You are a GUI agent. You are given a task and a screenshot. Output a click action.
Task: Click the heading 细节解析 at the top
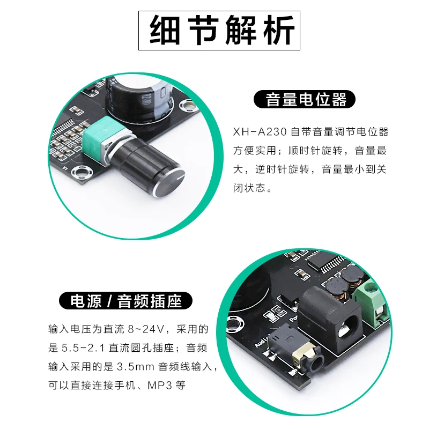[x=219, y=31]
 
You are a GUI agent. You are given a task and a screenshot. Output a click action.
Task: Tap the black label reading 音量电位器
[x=305, y=99]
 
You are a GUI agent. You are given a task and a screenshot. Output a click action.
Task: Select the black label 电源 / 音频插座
[x=125, y=301]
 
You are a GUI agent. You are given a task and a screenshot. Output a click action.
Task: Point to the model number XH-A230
[x=260, y=132]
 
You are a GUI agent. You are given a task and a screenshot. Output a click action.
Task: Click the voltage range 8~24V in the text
[x=146, y=329]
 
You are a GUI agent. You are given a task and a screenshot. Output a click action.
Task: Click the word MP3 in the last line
[x=160, y=385]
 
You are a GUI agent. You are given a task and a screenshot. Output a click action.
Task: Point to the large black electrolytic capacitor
[x=139, y=99]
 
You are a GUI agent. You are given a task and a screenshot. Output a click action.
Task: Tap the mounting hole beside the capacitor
[x=188, y=105]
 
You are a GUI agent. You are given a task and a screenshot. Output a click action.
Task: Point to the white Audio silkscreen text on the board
[x=262, y=341]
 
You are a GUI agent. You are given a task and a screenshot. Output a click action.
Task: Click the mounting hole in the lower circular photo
[x=234, y=323]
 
